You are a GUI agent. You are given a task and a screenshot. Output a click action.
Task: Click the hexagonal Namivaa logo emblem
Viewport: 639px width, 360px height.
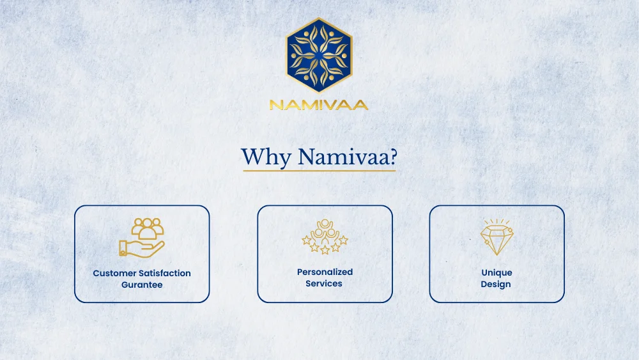[x=319, y=54]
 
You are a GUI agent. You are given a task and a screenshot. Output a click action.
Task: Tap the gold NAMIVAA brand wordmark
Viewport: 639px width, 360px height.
[x=319, y=105]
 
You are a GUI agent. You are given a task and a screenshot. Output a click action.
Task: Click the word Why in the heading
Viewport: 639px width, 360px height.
[x=266, y=157]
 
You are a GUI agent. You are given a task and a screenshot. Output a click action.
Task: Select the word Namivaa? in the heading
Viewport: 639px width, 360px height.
[x=348, y=157]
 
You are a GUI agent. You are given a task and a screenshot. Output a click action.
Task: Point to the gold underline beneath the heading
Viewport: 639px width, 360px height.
[x=319, y=171]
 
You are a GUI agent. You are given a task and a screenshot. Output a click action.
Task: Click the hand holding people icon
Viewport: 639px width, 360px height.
[x=142, y=238]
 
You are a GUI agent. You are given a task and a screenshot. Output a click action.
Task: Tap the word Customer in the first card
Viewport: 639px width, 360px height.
[x=114, y=273]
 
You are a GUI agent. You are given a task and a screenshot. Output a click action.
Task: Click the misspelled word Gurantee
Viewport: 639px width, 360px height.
[x=142, y=285]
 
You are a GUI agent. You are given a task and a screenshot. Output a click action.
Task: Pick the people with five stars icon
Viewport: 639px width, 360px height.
[x=325, y=237]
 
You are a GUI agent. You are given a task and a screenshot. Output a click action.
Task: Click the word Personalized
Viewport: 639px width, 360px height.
[x=325, y=272]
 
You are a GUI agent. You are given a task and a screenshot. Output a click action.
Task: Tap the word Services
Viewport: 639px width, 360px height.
[x=324, y=283]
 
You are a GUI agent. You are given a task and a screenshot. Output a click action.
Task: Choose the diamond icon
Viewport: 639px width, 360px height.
[x=497, y=237]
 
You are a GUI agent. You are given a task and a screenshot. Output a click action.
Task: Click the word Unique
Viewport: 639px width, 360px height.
[x=497, y=273]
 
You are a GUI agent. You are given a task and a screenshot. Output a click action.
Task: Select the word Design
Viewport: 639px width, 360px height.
[x=496, y=284]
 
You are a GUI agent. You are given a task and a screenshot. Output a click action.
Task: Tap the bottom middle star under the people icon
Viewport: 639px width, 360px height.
[x=325, y=250]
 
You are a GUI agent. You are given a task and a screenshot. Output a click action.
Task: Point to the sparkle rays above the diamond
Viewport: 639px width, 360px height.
[x=497, y=221]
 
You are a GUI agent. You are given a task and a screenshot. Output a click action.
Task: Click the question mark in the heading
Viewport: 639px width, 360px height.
[x=393, y=157]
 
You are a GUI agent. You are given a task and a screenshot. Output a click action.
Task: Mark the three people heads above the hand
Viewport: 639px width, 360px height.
[x=148, y=228]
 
